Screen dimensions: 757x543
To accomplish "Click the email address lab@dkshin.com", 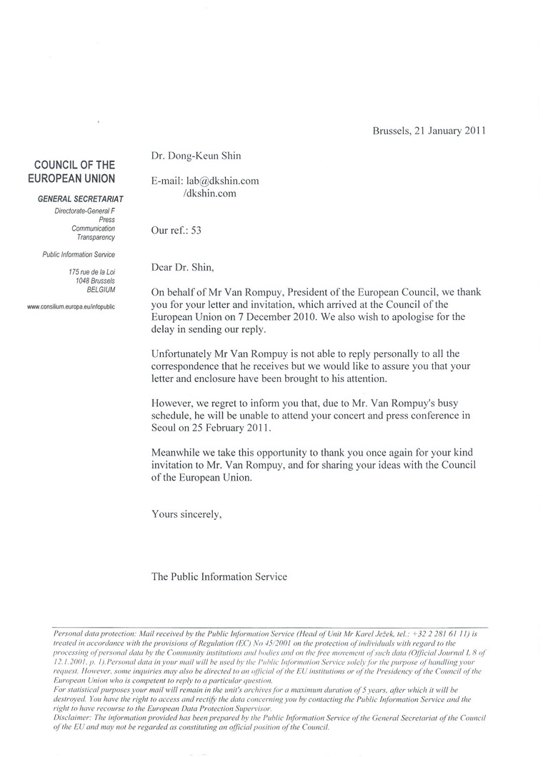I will [x=223, y=181].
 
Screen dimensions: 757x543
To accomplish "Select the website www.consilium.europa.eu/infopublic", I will [x=71, y=306].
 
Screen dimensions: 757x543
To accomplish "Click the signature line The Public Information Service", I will [x=219, y=576].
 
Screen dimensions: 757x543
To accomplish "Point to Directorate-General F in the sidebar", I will [x=85, y=212].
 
